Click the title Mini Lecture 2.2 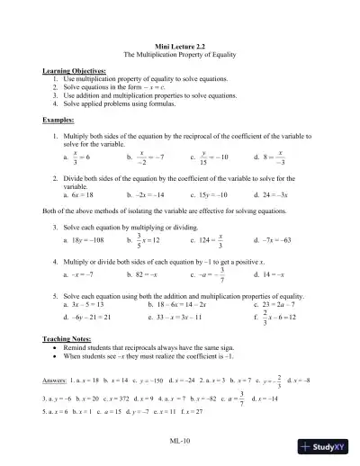click(x=180, y=46)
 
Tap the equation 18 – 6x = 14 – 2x click(x=180, y=304)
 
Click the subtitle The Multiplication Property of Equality click(x=180, y=55)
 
